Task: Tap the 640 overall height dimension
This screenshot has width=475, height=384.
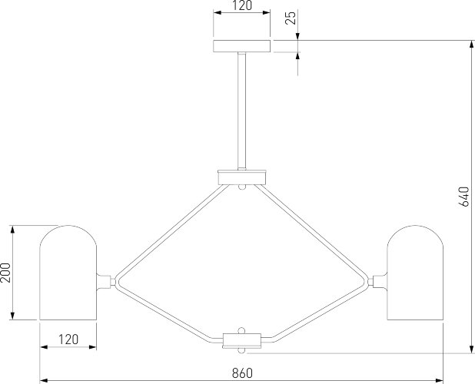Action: click(x=463, y=197)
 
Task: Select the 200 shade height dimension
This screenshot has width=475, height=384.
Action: click(x=5, y=273)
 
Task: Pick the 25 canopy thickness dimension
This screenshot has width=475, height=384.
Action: click(x=291, y=18)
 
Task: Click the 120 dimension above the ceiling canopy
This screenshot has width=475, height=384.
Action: click(x=242, y=5)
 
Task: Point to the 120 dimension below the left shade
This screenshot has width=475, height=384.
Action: click(x=68, y=339)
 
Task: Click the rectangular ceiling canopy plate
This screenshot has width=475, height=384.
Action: click(x=242, y=46)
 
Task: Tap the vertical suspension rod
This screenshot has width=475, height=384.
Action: click(x=242, y=111)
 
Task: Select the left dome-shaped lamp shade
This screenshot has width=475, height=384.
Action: click(x=68, y=273)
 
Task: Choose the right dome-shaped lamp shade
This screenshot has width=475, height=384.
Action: click(x=415, y=273)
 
